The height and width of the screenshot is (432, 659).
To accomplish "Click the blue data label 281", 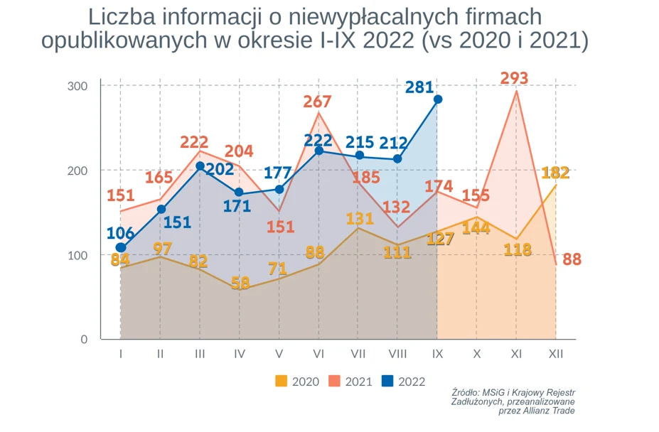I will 419,87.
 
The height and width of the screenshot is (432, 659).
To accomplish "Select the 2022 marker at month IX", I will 437,99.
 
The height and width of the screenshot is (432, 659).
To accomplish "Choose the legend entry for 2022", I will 403,382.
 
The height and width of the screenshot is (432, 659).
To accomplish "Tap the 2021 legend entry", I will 350,382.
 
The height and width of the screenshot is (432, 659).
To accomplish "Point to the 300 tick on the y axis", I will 78,86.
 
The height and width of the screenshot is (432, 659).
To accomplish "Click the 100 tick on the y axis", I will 78,255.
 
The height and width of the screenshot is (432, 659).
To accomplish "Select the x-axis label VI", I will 318,353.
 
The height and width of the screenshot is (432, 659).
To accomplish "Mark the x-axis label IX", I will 437,353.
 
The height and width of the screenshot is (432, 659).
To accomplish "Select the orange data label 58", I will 240,283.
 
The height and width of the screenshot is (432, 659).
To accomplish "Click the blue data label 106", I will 121,233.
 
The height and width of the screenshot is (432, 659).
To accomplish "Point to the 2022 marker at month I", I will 121,248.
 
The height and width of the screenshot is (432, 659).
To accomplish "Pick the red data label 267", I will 318,102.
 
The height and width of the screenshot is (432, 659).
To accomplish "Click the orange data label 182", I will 555,173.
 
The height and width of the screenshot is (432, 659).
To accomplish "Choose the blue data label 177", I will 278,173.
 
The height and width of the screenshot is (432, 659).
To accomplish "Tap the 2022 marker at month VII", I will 359,156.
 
